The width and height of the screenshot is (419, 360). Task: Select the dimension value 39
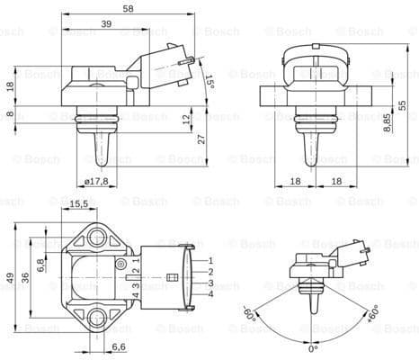(106, 24)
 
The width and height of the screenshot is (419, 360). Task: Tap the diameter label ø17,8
(96, 181)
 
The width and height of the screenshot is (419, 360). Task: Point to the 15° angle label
(209, 83)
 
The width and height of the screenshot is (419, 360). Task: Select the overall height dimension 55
(403, 105)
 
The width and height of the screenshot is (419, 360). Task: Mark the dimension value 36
(26, 278)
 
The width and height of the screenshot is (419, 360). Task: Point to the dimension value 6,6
(118, 346)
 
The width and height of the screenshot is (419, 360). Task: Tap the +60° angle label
(371, 316)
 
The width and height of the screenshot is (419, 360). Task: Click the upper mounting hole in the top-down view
(96, 238)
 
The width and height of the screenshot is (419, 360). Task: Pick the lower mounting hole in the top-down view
(96, 316)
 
